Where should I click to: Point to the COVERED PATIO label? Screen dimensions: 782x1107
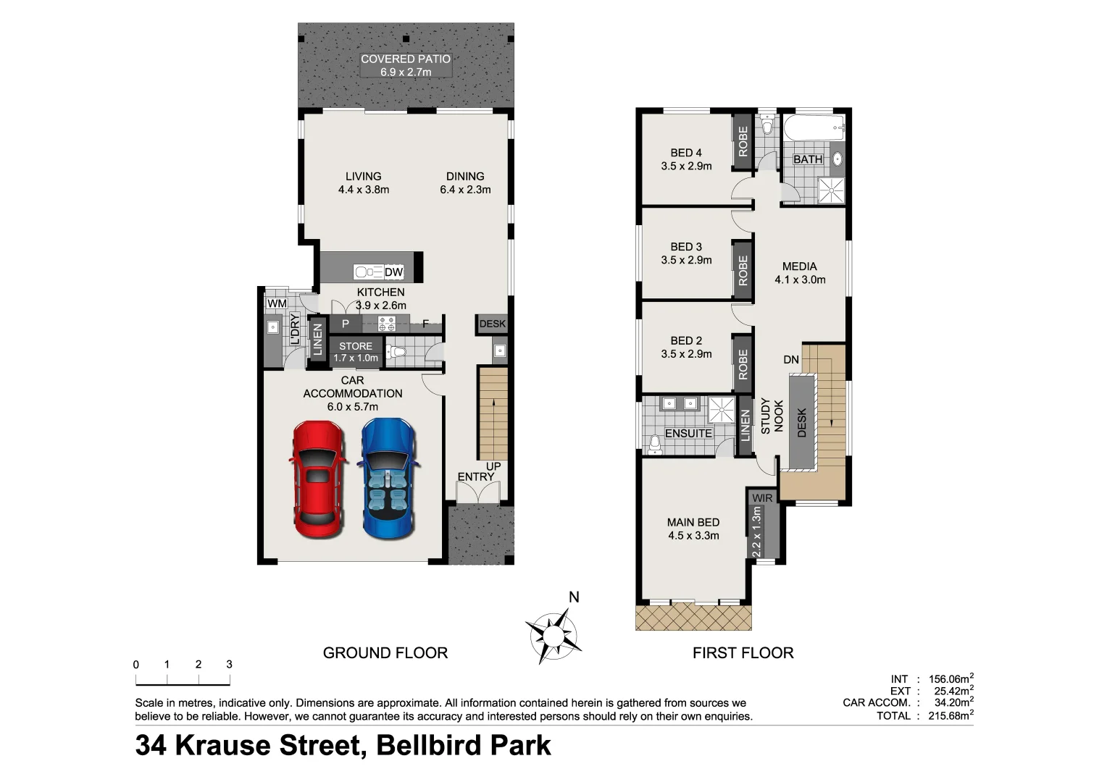(406, 59)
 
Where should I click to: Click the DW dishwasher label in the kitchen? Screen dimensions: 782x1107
(393, 272)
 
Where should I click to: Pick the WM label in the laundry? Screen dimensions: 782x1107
(276, 303)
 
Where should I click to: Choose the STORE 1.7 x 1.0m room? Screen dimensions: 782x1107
(356, 352)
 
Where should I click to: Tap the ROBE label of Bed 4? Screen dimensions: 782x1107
(743, 142)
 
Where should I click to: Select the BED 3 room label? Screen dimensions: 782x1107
(686, 247)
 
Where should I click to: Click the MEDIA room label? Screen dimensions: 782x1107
(799, 266)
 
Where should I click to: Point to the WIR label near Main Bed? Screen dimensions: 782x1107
(762, 498)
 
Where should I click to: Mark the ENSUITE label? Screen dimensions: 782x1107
(688, 433)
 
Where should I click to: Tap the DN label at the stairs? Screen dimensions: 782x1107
(791, 360)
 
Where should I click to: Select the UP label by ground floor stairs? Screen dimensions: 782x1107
(493, 466)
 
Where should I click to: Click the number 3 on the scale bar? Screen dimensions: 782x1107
(229, 664)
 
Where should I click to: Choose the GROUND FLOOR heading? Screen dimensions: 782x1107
(385, 653)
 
